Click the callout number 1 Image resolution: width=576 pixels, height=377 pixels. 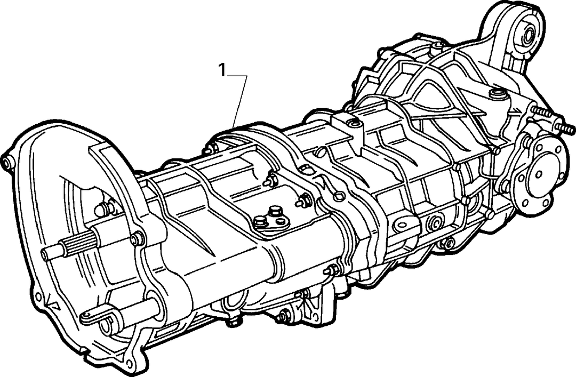pos(222,70)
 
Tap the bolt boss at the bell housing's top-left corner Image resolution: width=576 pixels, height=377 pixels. pos(7,164)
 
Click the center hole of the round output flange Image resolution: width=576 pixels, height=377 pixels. pos(540,173)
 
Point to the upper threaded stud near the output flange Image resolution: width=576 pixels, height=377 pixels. pos(543,111)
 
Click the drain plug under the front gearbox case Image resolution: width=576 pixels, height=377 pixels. pos(232,322)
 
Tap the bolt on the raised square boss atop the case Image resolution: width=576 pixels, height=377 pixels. pos(354,124)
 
